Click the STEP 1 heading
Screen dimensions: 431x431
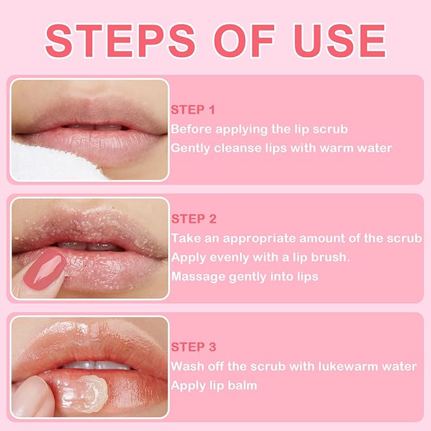(189, 110)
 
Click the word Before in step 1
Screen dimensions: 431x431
(190, 129)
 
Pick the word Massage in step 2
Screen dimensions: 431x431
(194, 277)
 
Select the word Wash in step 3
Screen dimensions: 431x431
(186, 367)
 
